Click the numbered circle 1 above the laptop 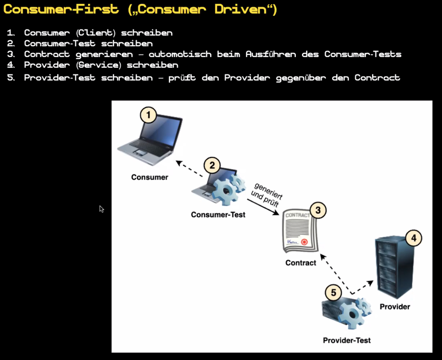coord(148,115)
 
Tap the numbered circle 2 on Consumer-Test coord(212,165)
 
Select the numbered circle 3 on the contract coord(318,210)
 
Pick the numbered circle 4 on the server coord(414,238)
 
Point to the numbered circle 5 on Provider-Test coord(333,293)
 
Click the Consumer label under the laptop coord(149,177)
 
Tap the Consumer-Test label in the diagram coord(218,215)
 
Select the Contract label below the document coord(301,263)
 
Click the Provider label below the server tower coord(395,307)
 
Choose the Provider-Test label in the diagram coord(347,341)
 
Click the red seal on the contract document coord(304,242)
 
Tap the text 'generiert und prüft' coord(267,195)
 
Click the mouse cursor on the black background coord(101,209)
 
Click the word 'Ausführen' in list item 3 coord(271,54)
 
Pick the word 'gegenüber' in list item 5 coord(301,78)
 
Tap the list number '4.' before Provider coord(11,65)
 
